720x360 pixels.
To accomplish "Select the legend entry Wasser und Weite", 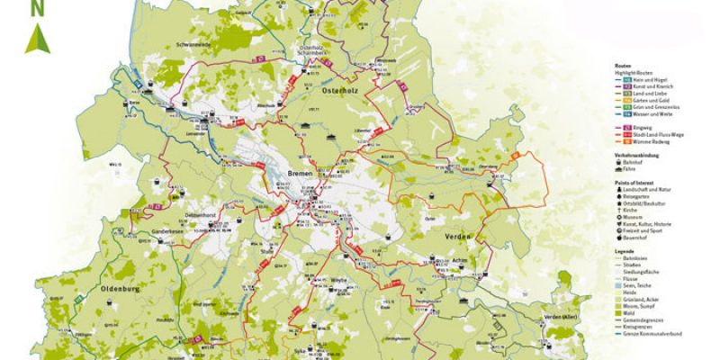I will [645, 114].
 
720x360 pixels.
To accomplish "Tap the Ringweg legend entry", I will [636, 128].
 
